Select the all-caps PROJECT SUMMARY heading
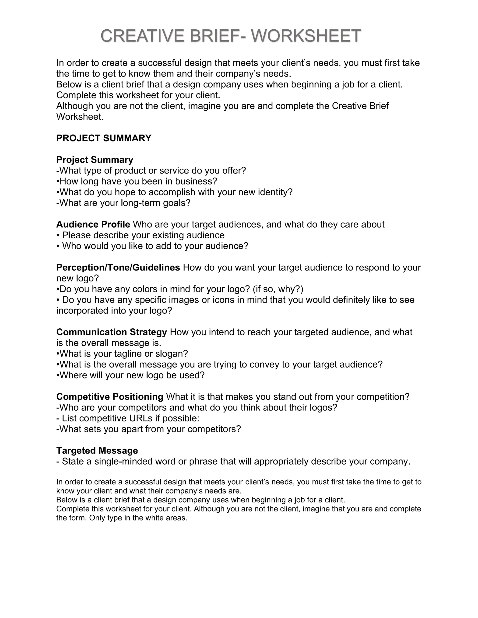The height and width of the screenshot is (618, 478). point(104,138)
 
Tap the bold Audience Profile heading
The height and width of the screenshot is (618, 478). point(93,224)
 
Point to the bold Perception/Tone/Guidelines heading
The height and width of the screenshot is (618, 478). point(118,267)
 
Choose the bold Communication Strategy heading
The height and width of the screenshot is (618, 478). point(112,332)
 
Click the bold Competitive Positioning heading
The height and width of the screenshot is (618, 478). point(110,397)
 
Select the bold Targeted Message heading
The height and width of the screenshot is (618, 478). point(97,451)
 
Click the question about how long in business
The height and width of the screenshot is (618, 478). point(137,181)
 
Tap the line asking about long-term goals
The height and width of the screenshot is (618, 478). point(123,203)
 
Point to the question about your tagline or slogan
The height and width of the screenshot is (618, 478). point(122,354)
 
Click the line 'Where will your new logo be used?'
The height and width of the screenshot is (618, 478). point(130,375)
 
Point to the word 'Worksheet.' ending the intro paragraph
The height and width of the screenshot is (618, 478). point(80,117)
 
